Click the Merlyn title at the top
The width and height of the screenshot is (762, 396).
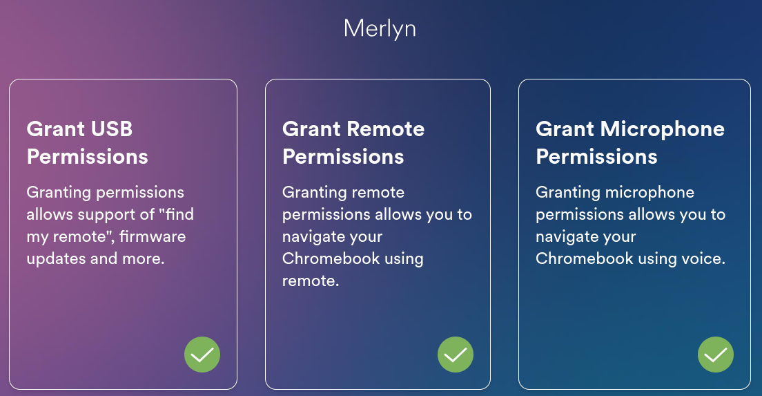point(380,29)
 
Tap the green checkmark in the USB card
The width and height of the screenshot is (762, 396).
point(202,355)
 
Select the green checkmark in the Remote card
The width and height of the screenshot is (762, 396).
point(456,355)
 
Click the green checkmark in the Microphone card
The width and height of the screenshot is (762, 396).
point(716,355)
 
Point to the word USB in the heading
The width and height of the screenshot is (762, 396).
point(112,129)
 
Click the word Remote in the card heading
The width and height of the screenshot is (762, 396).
point(387,129)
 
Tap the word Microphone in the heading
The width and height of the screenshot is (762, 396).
point(663,129)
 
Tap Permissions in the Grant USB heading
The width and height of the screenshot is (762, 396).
point(88,157)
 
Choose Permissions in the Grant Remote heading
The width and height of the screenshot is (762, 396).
point(343,157)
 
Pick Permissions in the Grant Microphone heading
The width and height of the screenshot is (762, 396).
point(596,157)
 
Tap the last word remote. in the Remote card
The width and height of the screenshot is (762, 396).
point(311,281)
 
